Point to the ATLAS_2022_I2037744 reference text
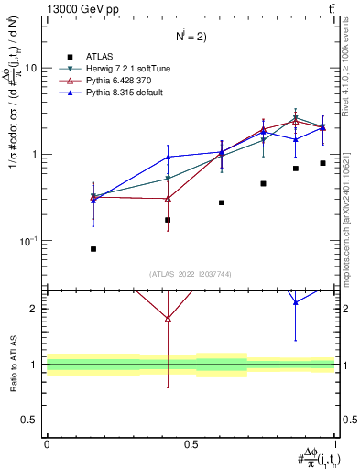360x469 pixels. coord(191,273)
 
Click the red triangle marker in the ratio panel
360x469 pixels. coord(168,319)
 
